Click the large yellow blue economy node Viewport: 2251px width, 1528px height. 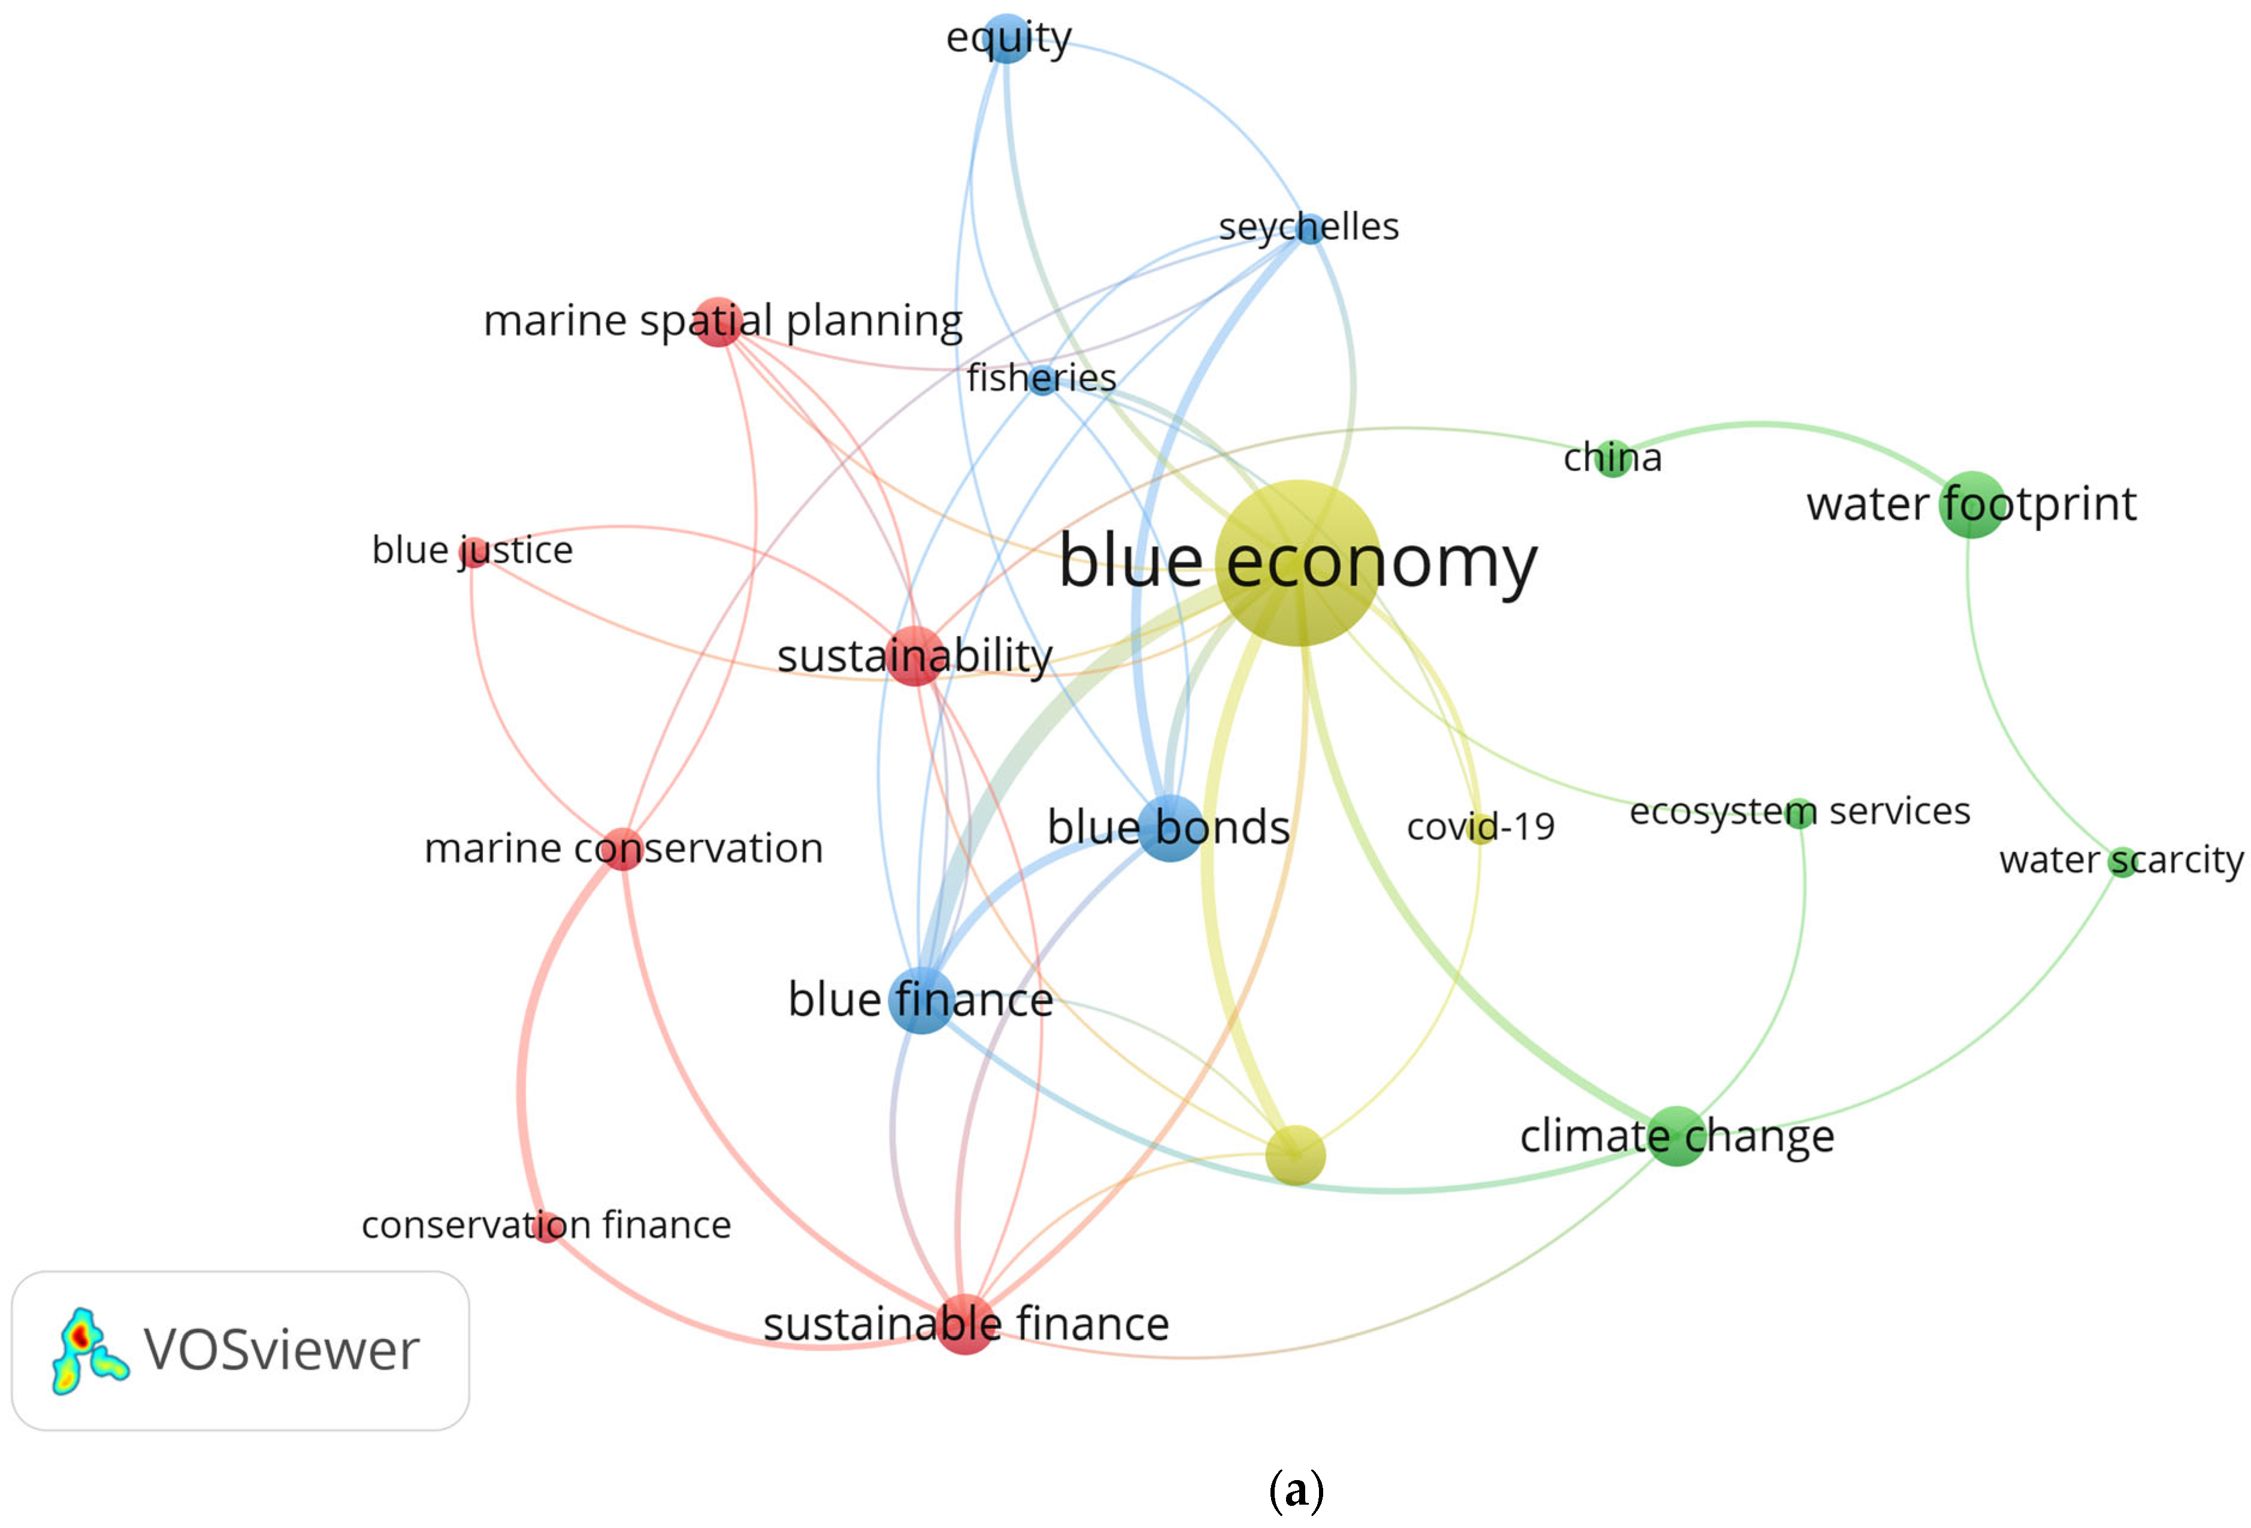(1298, 562)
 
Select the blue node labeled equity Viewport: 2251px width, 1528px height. (1007, 39)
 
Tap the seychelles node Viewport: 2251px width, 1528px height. (1309, 229)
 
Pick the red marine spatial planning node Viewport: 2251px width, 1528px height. (718, 322)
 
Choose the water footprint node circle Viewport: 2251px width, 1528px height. (1972, 504)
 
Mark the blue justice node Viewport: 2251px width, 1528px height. (474, 552)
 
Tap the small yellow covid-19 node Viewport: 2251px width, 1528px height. (1481, 828)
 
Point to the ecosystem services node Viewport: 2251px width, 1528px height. (1799, 812)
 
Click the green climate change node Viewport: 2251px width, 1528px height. (1677, 1136)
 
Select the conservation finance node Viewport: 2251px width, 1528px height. (548, 1226)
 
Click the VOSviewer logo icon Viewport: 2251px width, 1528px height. (88, 1351)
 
